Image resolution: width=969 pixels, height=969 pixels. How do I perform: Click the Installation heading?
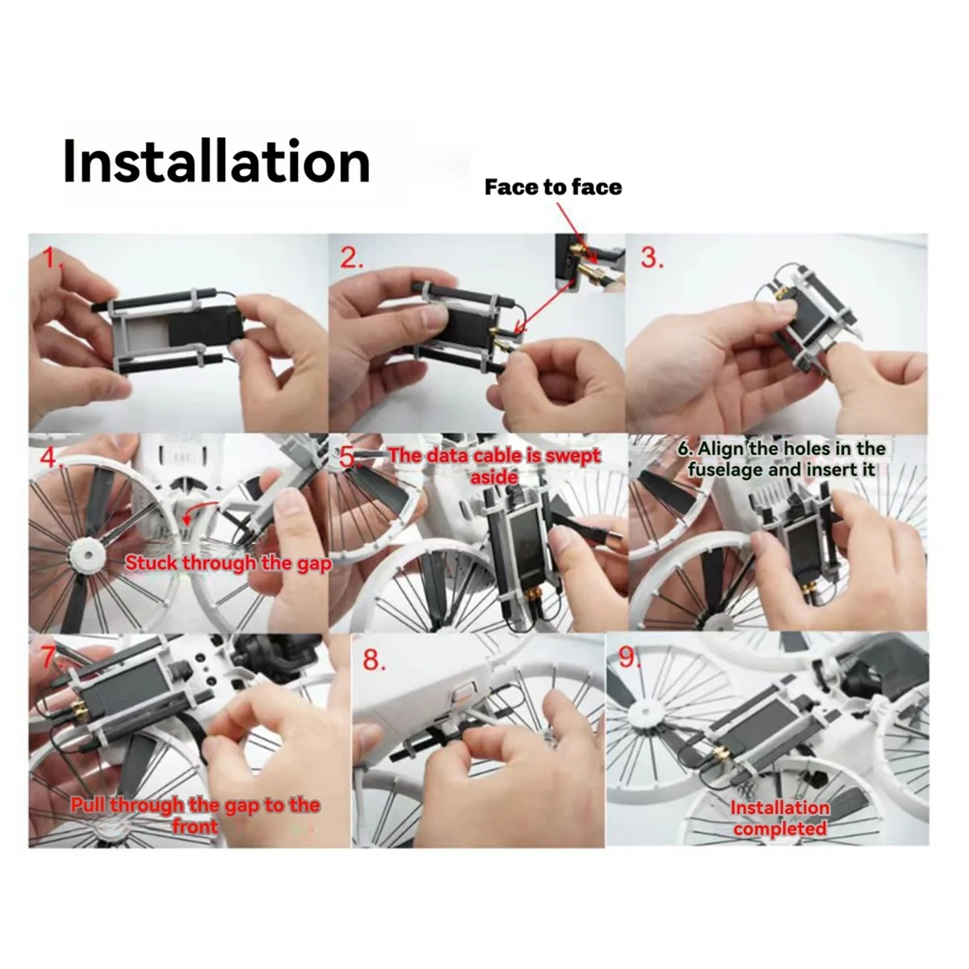216,162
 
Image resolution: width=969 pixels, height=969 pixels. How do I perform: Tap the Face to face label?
553,187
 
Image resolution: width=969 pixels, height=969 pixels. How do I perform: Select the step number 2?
352,258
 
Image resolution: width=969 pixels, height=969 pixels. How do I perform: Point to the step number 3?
652,258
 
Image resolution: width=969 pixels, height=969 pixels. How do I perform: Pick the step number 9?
628,660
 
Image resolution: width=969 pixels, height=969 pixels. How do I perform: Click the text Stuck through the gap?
228,563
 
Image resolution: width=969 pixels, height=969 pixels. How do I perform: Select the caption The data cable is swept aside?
494,465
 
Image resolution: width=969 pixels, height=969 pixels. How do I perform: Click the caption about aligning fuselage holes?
782,459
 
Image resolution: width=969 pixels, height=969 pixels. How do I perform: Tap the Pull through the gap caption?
195,815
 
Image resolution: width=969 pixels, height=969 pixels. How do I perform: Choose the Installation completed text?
780,818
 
